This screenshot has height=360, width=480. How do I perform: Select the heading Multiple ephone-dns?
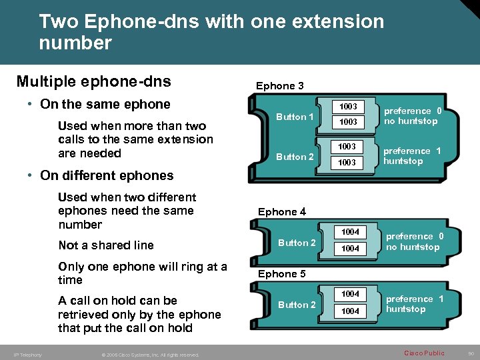93,82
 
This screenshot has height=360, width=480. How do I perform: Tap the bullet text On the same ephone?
105,105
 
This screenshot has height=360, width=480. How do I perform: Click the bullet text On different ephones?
107,176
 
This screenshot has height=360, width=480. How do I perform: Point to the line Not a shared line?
106,245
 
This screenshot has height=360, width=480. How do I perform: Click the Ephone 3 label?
280,86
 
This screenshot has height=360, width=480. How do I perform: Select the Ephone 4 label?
282,212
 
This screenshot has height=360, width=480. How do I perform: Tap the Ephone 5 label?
282,274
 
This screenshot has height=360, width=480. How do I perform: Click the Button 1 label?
295,117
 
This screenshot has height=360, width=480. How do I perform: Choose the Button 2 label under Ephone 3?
295,157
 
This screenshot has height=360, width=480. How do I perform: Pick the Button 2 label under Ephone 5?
297,305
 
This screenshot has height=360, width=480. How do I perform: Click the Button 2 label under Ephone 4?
297,243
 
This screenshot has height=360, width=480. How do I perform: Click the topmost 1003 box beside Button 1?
348,107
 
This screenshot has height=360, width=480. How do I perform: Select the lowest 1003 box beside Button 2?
348,163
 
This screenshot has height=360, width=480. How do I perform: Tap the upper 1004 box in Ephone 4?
350,232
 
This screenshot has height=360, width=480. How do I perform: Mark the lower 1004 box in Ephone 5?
350,311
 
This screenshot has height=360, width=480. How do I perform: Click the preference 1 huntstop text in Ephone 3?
412,156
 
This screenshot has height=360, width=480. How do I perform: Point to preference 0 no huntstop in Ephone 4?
414,242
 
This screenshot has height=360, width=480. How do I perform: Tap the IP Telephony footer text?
27,355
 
